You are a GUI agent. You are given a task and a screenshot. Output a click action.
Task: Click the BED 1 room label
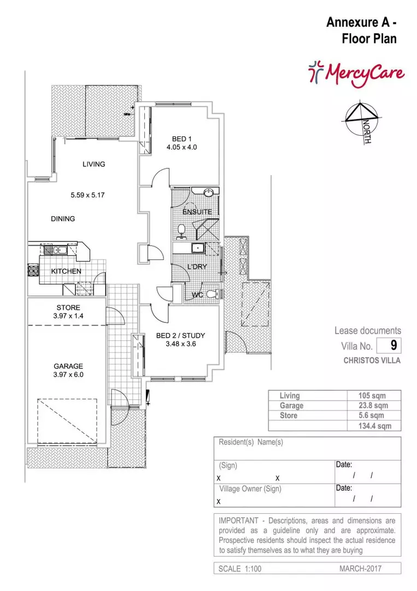point(182,138)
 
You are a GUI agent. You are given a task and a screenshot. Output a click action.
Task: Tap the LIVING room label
point(93,164)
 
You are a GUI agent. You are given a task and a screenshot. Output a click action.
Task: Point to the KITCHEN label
point(66,271)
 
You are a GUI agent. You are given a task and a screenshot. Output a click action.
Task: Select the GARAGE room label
point(68,366)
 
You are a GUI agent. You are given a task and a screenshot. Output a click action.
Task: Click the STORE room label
point(68,308)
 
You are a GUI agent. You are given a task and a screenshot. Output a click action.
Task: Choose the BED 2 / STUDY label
point(181,335)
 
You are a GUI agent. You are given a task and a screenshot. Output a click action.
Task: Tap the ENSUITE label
point(197,212)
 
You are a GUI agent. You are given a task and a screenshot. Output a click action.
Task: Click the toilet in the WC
point(215,293)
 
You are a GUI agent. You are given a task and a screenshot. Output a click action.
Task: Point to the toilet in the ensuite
point(182,231)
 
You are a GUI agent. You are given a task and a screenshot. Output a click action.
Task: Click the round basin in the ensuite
point(209,193)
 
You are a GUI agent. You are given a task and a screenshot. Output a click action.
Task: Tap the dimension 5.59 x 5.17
point(87,195)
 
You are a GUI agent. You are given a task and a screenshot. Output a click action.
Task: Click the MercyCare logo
point(356,73)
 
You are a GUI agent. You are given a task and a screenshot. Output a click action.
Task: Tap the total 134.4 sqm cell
point(374,426)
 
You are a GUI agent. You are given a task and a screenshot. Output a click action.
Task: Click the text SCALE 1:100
point(240,569)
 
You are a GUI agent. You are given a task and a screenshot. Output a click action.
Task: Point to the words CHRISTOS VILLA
point(372,360)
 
